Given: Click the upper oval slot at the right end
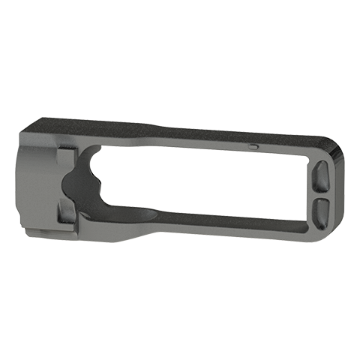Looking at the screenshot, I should pyautogui.click(x=320, y=178).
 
